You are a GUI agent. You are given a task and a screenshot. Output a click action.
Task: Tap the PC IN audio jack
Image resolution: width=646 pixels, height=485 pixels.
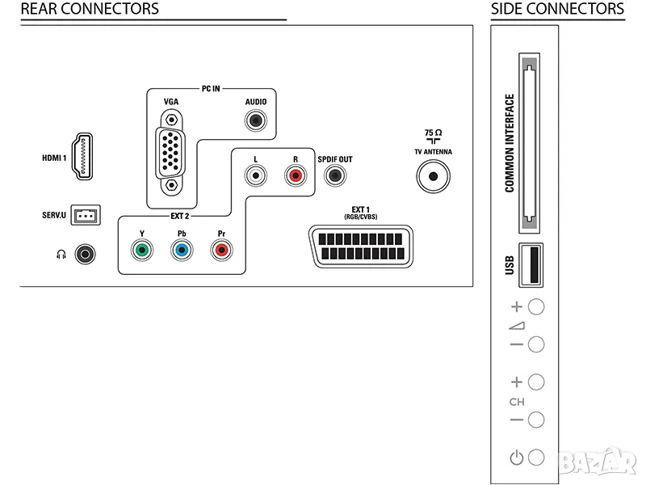(256, 122)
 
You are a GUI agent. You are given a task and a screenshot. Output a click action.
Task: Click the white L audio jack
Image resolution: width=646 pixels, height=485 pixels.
(256, 174)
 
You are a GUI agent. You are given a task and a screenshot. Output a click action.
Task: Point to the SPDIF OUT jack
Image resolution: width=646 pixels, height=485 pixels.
(333, 174)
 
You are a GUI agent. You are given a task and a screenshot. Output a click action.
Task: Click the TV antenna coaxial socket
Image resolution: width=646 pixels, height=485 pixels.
(434, 175)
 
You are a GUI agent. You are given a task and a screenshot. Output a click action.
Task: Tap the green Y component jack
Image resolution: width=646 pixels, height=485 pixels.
(141, 250)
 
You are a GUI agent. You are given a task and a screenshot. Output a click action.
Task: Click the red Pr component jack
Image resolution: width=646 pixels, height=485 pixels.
(220, 250)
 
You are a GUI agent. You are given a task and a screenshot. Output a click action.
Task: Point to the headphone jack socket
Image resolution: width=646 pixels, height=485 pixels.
(86, 255)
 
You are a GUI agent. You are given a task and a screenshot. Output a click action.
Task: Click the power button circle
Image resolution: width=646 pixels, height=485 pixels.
(535, 458)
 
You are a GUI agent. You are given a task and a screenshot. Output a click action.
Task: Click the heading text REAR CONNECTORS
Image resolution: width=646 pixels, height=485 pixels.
(90, 10)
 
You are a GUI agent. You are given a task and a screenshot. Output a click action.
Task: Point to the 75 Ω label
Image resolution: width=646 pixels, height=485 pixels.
(433, 132)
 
